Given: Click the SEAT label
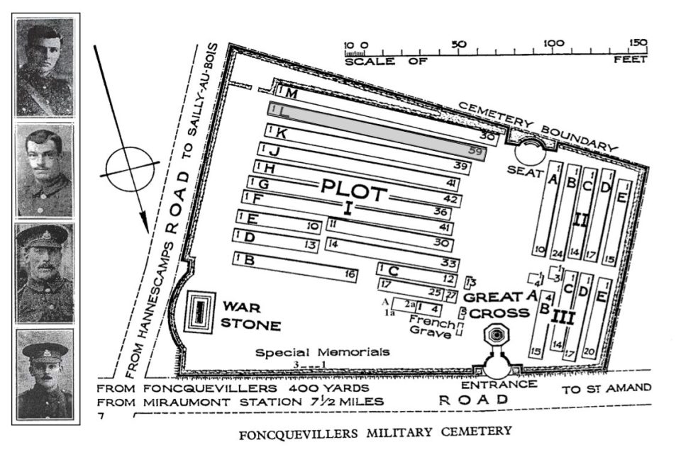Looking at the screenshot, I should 524,170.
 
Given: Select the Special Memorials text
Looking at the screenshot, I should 323,352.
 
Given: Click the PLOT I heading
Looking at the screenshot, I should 353,197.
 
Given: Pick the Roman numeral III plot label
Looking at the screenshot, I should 563,317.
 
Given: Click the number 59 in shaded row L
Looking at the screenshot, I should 475,150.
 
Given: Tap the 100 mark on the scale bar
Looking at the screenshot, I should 554,43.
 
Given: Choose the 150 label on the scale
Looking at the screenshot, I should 638,43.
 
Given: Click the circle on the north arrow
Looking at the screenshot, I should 128,167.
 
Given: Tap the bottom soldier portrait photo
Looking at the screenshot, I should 45,373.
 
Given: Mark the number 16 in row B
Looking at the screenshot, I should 349,274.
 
